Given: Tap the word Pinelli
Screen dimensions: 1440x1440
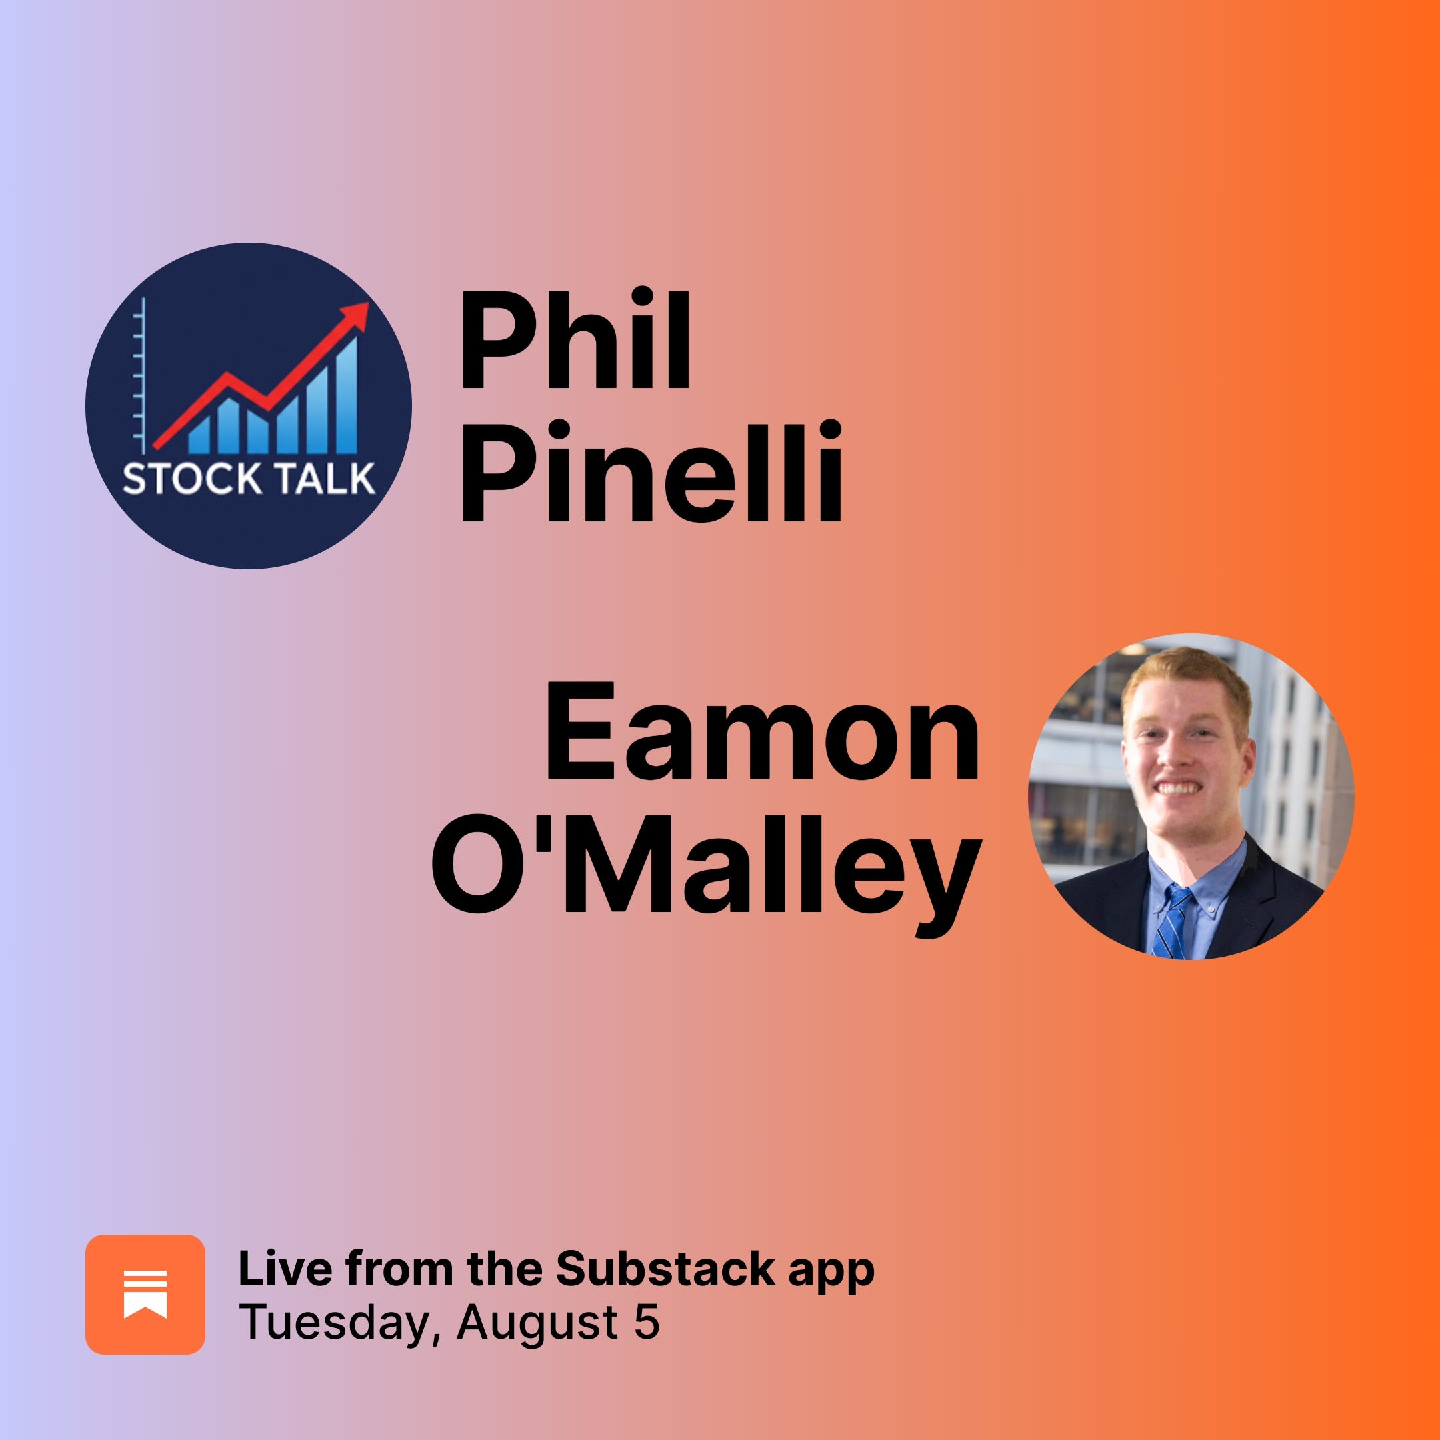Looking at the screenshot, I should click(650, 472).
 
